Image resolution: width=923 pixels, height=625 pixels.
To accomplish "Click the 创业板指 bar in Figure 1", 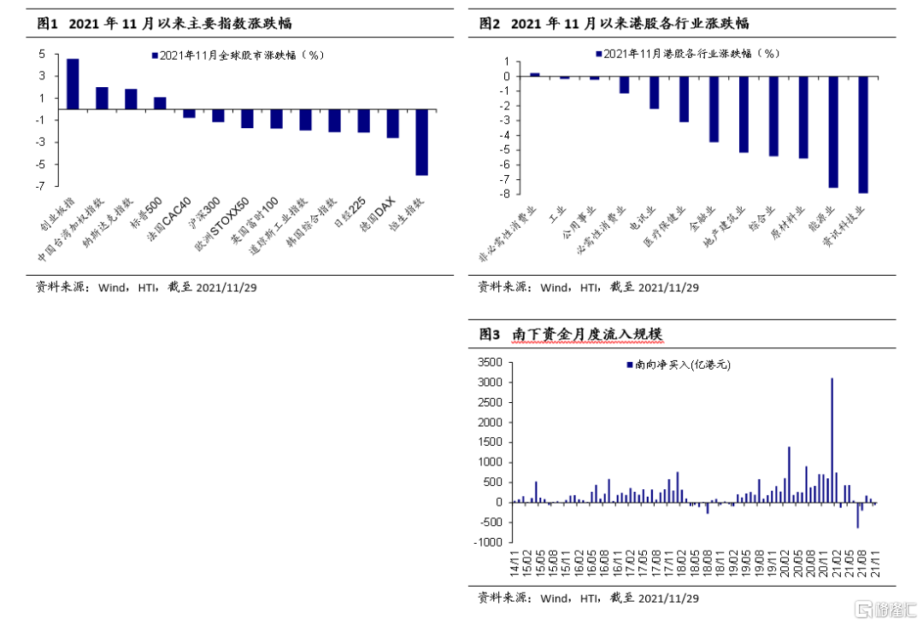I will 73,84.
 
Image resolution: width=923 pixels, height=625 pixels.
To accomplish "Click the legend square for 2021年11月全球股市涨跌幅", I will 155,55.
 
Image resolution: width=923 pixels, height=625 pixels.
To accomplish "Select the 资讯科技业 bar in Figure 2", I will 863,135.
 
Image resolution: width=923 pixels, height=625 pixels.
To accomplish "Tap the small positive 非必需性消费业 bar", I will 535,74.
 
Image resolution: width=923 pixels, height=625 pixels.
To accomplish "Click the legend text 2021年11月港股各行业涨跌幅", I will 691,54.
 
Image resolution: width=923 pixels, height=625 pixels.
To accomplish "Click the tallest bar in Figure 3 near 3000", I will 832,440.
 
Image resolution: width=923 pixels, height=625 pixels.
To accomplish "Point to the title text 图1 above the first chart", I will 46,23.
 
